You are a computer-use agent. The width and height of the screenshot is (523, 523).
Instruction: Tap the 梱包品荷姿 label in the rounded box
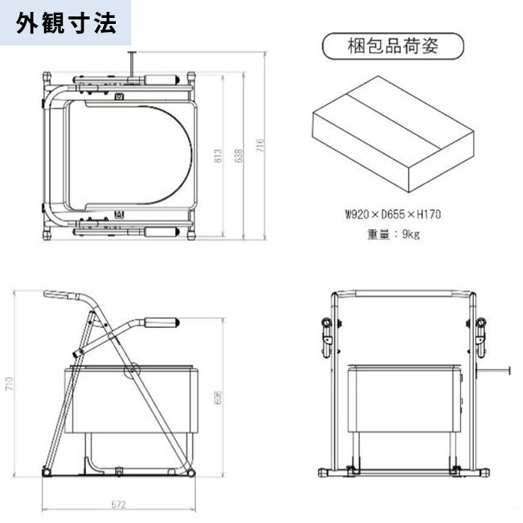[x=392, y=46]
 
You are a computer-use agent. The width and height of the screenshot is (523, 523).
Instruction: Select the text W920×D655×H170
[x=393, y=214]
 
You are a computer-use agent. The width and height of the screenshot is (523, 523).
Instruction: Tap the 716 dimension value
[x=260, y=146]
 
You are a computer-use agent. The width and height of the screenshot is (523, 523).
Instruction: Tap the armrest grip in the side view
[x=163, y=323]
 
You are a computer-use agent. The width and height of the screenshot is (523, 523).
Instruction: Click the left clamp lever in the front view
[x=326, y=333]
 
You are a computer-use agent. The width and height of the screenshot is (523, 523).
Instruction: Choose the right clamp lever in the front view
[x=481, y=333]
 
